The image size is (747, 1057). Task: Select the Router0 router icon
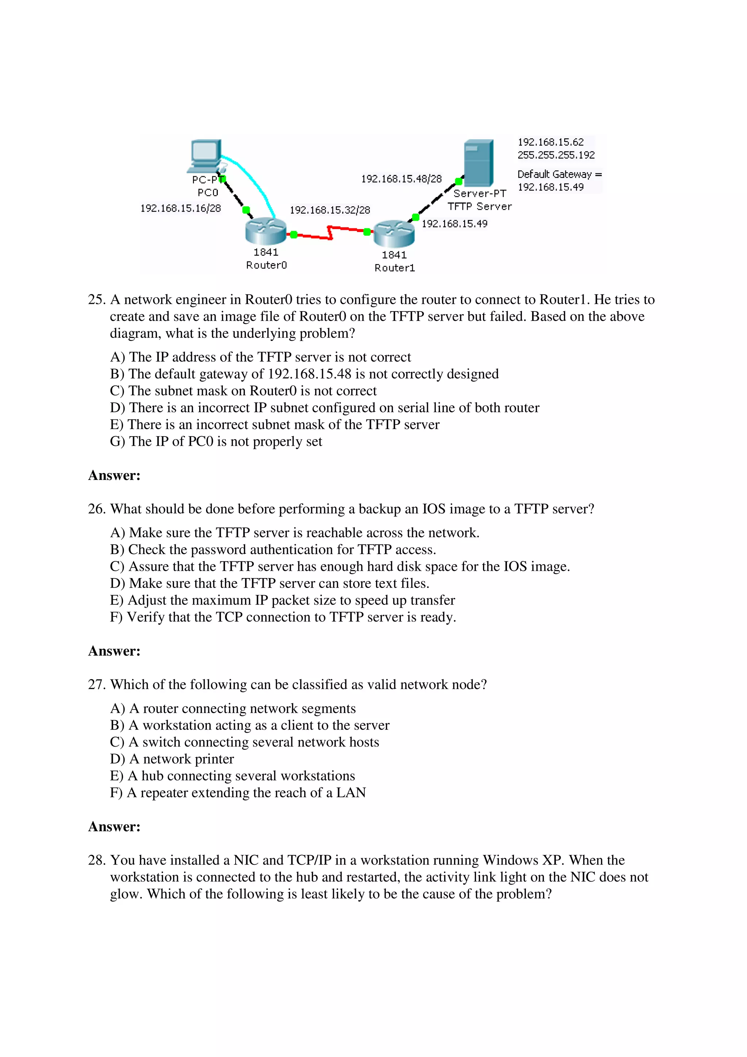pyautogui.click(x=265, y=231)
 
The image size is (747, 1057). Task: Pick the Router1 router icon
pyautogui.click(x=394, y=233)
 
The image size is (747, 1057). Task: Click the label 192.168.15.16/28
pyautogui.click(x=181, y=209)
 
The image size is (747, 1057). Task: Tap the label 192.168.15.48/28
pyautogui.click(x=401, y=179)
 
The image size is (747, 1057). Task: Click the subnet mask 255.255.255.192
pyautogui.click(x=556, y=155)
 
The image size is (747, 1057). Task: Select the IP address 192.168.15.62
pyautogui.click(x=550, y=142)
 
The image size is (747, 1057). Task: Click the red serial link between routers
pyautogui.click(x=330, y=232)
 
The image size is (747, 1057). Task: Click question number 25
pyautogui.click(x=97, y=300)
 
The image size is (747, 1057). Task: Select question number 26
pyautogui.click(x=97, y=509)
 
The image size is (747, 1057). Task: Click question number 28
pyautogui.click(x=97, y=860)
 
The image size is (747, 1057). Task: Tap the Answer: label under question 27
pyautogui.click(x=114, y=827)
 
